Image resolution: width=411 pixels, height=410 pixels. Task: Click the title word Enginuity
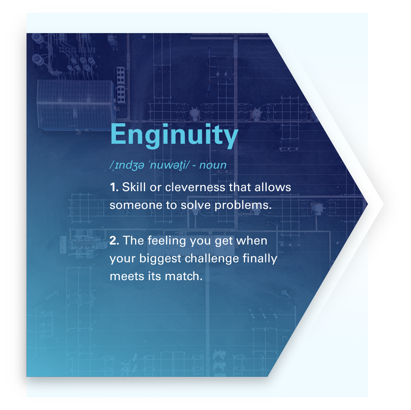pyautogui.click(x=174, y=135)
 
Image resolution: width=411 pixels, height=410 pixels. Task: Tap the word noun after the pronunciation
pyautogui.click(x=213, y=165)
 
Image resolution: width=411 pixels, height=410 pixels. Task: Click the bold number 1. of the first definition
pyautogui.click(x=114, y=188)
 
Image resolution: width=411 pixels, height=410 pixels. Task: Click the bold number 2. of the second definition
pyautogui.click(x=114, y=241)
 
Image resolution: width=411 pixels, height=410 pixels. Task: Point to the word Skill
pyautogui.click(x=134, y=187)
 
